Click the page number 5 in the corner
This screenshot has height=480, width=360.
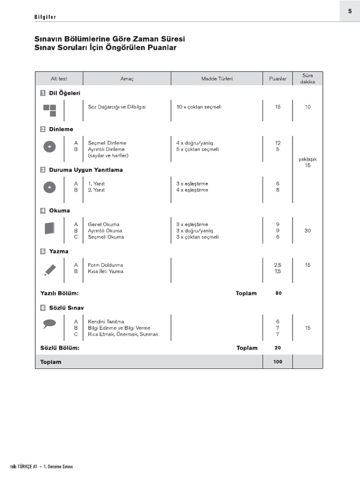(350, 11)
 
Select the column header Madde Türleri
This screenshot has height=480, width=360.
(217, 79)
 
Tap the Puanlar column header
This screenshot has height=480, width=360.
(277, 79)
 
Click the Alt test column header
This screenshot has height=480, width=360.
(59, 79)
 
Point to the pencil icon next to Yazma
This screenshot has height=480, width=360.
(50, 269)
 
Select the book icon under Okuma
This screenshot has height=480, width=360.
(49, 228)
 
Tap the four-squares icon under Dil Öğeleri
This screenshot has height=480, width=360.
(49, 110)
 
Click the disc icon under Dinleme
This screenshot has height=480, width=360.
(49, 147)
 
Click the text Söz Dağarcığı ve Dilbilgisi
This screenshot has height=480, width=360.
(117, 107)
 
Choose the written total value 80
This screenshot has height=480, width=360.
(278, 293)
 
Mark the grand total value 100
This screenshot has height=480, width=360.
(278, 362)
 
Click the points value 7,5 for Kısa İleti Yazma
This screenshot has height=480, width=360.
(278, 271)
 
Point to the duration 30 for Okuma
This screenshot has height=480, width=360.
(307, 231)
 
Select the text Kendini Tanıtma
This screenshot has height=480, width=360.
(106, 322)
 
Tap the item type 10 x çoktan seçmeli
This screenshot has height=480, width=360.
(199, 107)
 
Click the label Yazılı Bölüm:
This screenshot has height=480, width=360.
(60, 293)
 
